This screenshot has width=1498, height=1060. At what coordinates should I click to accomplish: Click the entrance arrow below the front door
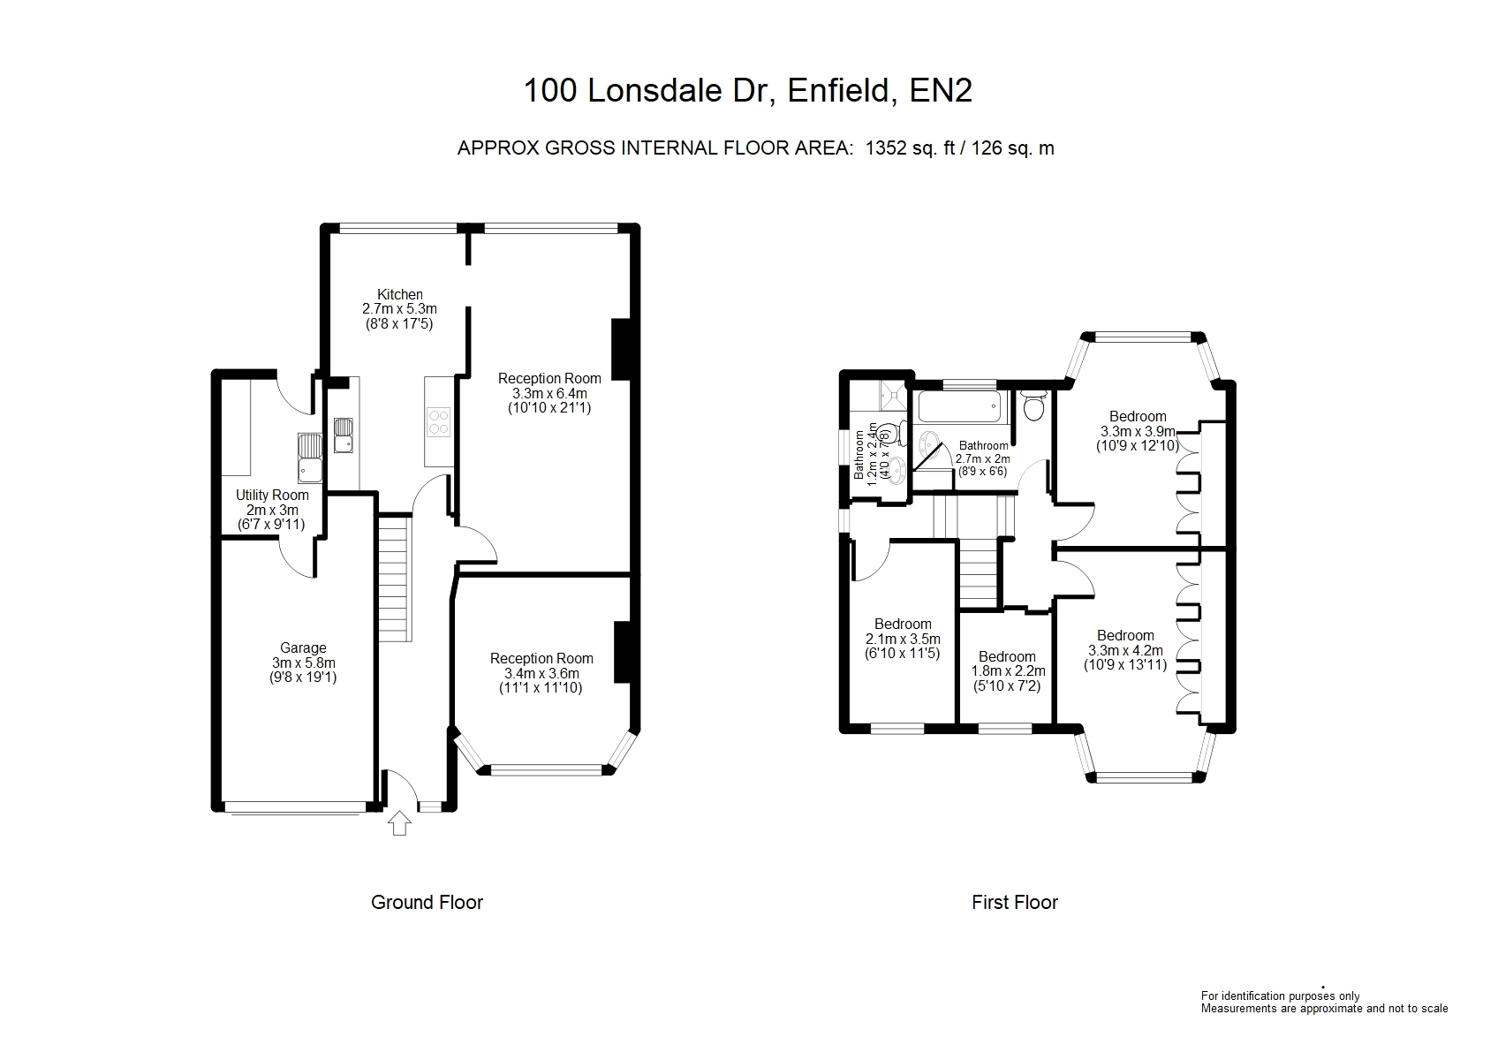[399, 822]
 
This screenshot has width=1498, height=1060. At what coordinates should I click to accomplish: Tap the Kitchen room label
[400, 294]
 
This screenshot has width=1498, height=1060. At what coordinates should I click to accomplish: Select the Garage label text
[303, 648]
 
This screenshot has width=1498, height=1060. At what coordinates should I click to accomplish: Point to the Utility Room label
[272, 496]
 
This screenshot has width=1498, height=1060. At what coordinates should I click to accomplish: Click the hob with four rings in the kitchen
[439, 421]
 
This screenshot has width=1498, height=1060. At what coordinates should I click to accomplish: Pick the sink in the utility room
[310, 458]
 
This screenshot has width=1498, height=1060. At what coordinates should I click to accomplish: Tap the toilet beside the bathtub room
[1034, 405]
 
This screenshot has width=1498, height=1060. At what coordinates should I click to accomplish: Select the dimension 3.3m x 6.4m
[549, 393]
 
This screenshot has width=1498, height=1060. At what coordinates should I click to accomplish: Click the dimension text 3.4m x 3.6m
[541, 673]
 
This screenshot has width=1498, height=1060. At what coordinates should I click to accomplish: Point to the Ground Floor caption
[427, 903]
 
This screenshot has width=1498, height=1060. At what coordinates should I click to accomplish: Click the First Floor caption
[1015, 903]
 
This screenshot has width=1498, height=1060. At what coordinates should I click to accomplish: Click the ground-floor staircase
[395, 579]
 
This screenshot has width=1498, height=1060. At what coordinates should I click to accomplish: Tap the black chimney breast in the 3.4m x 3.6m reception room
[622, 652]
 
